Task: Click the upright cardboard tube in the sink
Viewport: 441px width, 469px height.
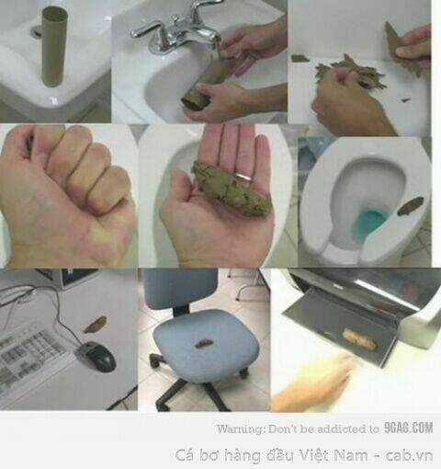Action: coord(54,46)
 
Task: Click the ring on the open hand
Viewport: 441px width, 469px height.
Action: coord(244,177)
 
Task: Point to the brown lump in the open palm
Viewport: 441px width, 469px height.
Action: coord(232,189)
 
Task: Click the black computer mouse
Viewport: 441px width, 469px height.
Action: coord(96,356)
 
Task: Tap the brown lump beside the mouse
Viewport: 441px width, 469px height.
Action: coord(96,325)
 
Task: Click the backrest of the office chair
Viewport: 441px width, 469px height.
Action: coord(181,288)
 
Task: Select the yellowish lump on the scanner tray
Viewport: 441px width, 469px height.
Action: coord(359,339)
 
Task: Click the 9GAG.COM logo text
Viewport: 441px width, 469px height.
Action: coord(409,428)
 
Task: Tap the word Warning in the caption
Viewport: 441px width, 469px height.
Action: coord(241,429)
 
